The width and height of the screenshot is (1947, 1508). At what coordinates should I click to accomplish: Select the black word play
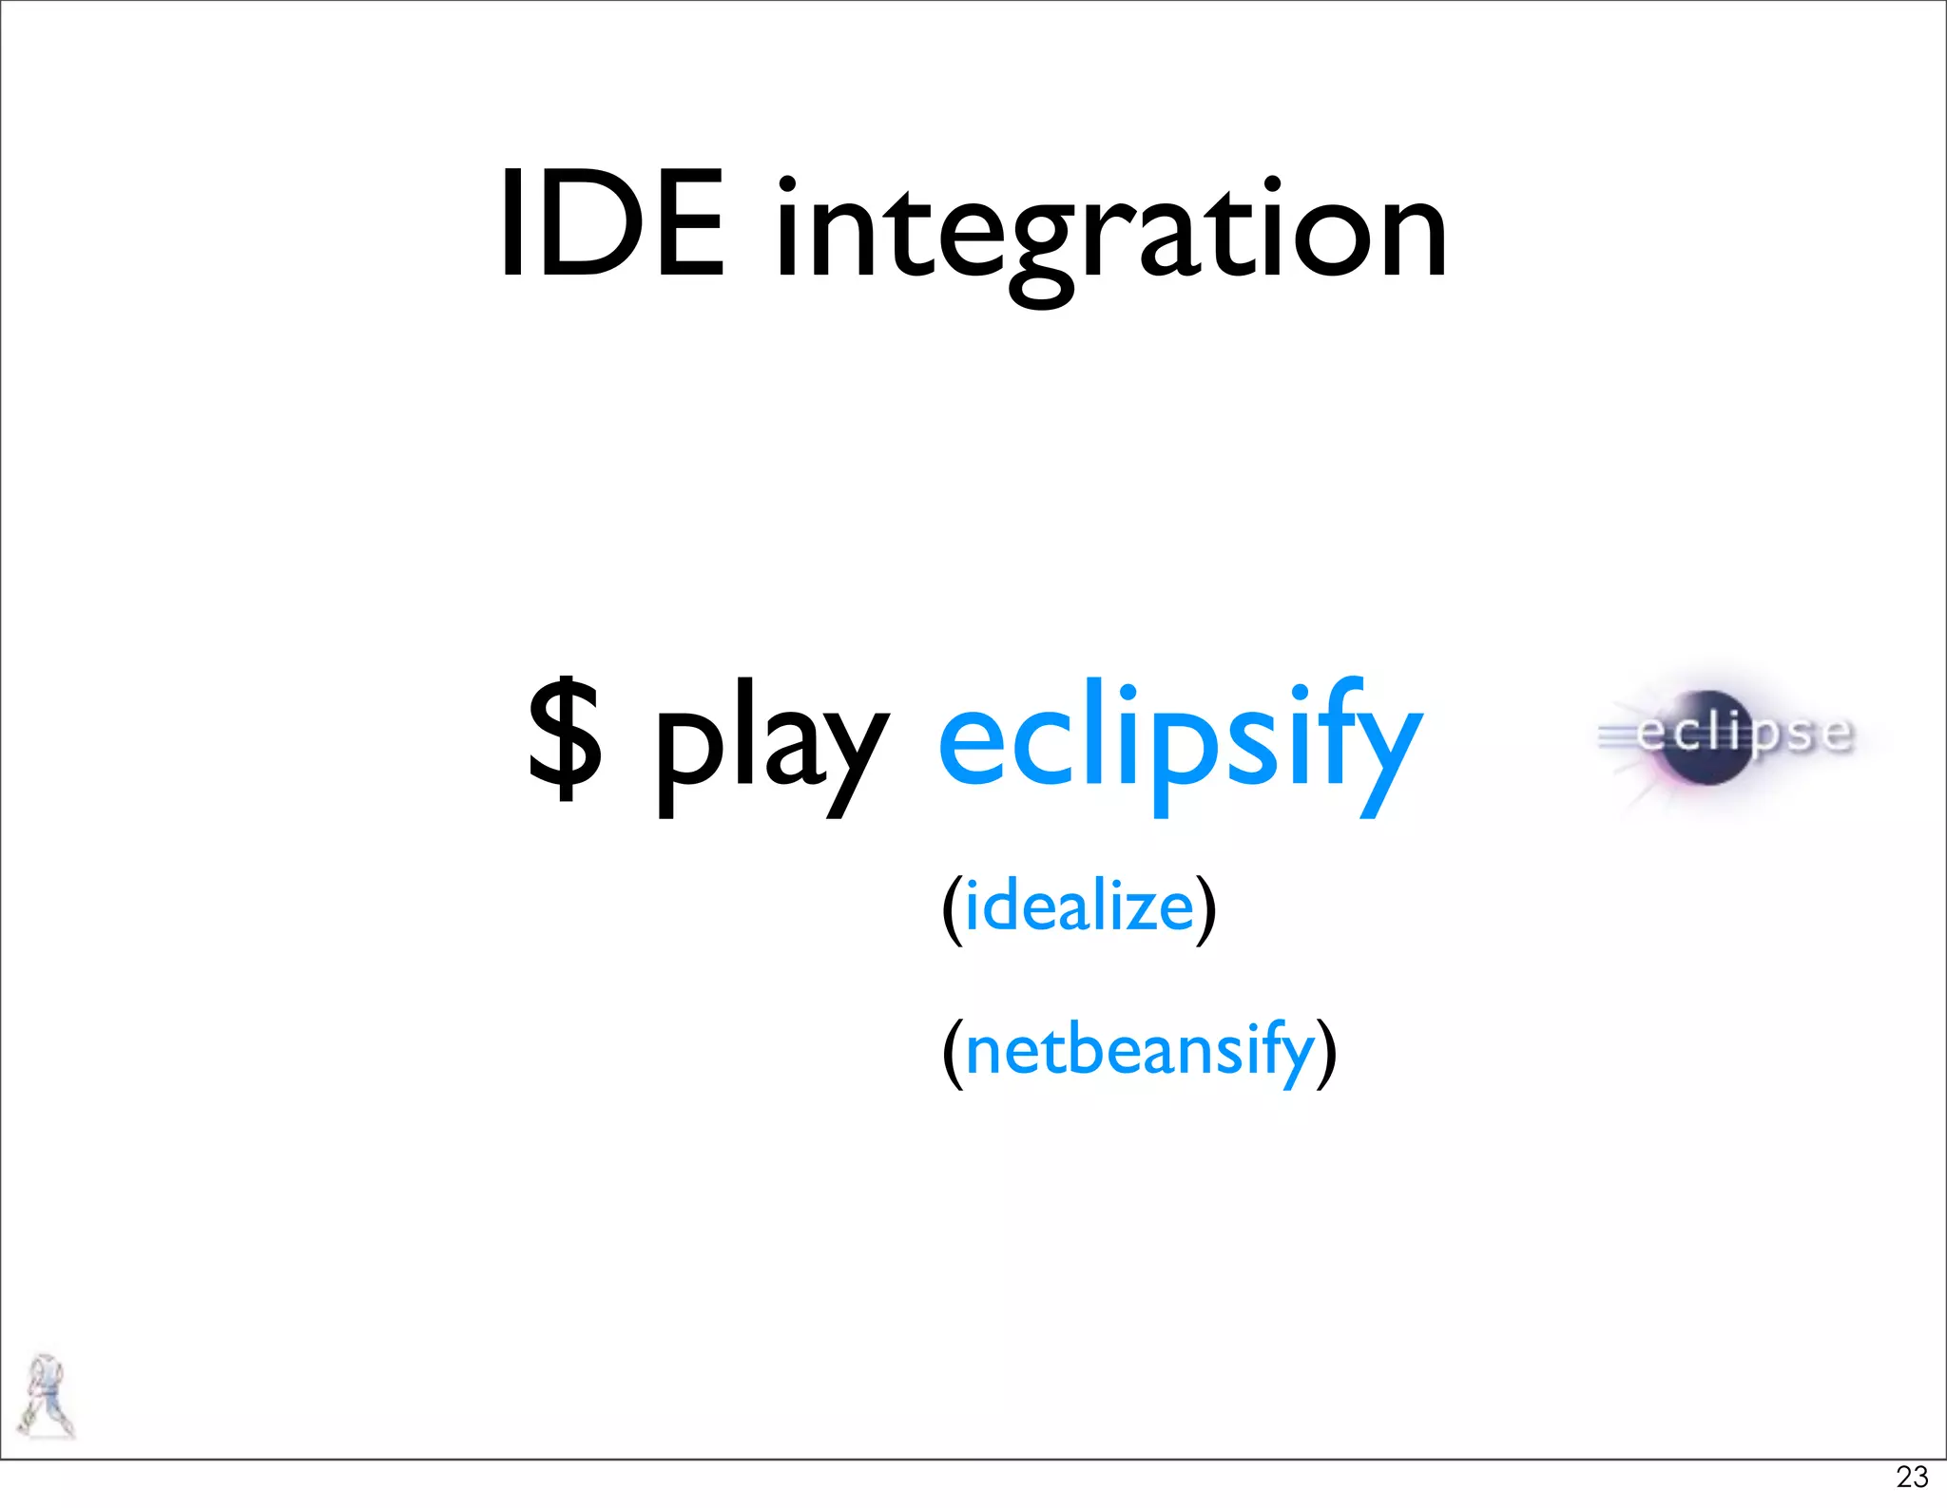pyautogui.click(x=771, y=746)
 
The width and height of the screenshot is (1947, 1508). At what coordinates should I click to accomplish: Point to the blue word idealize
pyautogui.click(x=1079, y=907)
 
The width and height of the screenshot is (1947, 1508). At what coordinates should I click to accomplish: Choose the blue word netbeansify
pyautogui.click(x=1140, y=1051)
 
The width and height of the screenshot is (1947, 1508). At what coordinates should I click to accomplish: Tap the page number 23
pyautogui.click(x=1911, y=1477)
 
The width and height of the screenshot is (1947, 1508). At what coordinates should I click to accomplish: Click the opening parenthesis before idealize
pyautogui.click(x=953, y=909)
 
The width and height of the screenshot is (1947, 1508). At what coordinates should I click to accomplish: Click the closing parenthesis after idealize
pyautogui.click(x=1205, y=909)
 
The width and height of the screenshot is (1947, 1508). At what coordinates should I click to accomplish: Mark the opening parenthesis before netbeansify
pyautogui.click(x=953, y=1054)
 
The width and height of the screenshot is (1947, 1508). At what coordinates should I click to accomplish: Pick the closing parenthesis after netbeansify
pyautogui.click(x=1326, y=1054)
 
